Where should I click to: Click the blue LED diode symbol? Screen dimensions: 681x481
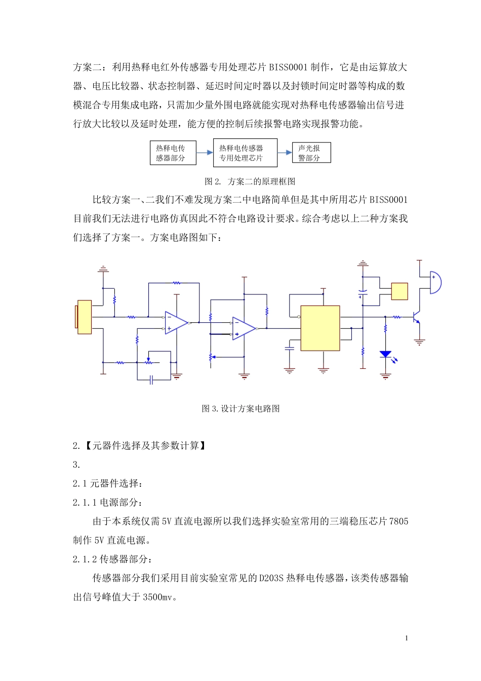pyautogui.click(x=386, y=354)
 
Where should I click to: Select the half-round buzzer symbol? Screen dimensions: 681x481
pyautogui.click(x=434, y=282)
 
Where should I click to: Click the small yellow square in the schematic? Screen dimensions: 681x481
pyautogui.click(x=399, y=291)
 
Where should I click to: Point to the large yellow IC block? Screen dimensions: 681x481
pyautogui.click(x=320, y=328)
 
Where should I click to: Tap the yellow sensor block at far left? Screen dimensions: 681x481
pyautogui.click(x=84, y=317)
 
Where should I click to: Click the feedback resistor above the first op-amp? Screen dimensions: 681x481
pyautogui.click(x=176, y=283)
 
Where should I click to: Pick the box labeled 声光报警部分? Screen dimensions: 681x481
pyautogui.click(x=311, y=153)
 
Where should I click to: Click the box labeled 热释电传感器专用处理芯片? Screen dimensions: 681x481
pyautogui.click(x=245, y=153)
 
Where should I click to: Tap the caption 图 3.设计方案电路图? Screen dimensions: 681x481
pyautogui.click(x=240, y=408)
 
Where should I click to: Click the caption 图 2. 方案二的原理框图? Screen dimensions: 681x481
pyautogui.click(x=250, y=181)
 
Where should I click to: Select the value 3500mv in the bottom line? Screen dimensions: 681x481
pyautogui.click(x=159, y=597)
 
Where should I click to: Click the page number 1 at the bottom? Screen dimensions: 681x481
pyautogui.click(x=407, y=638)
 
